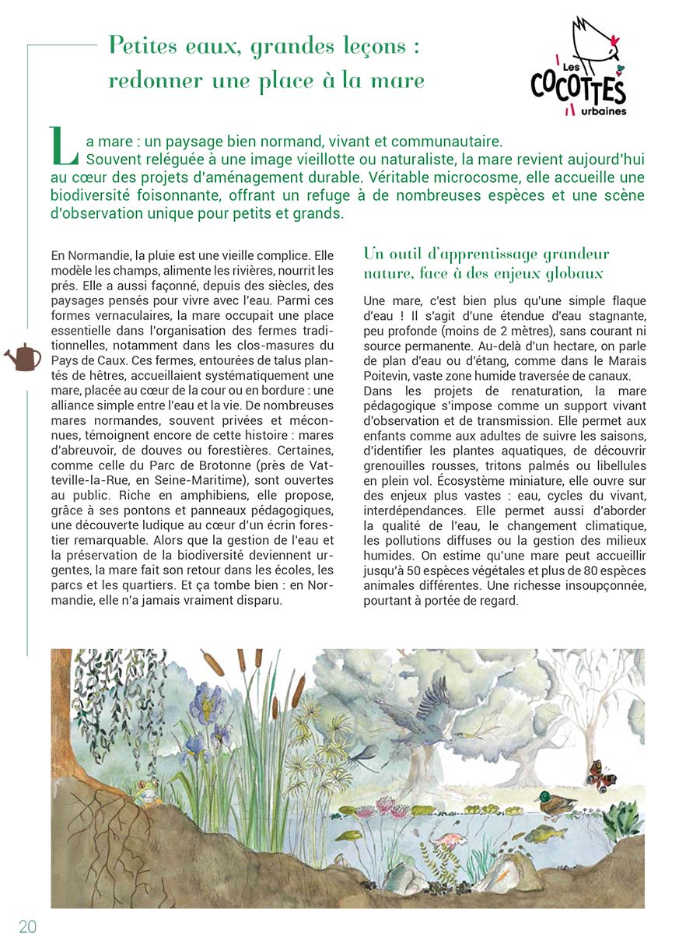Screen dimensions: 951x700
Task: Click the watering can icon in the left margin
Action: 23,357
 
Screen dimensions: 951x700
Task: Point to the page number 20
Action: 28,926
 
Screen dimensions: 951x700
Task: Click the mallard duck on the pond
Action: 554,804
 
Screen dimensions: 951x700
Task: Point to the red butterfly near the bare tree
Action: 597,775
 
